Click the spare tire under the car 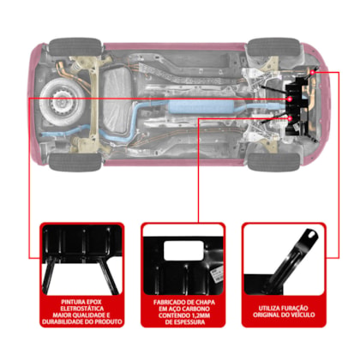(x=62, y=101)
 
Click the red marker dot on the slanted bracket (x=313, y=73)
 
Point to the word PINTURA (x=71, y=302)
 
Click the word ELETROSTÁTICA (x=82, y=309)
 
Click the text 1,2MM (x=201, y=315)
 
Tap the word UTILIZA (x=269, y=309)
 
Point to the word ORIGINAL (x=265, y=315)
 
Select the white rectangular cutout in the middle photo (x=183, y=250)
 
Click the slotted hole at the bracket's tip (x=312, y=235)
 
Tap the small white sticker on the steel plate (x=216, y=273)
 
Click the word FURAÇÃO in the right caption (x=295, y=309)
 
